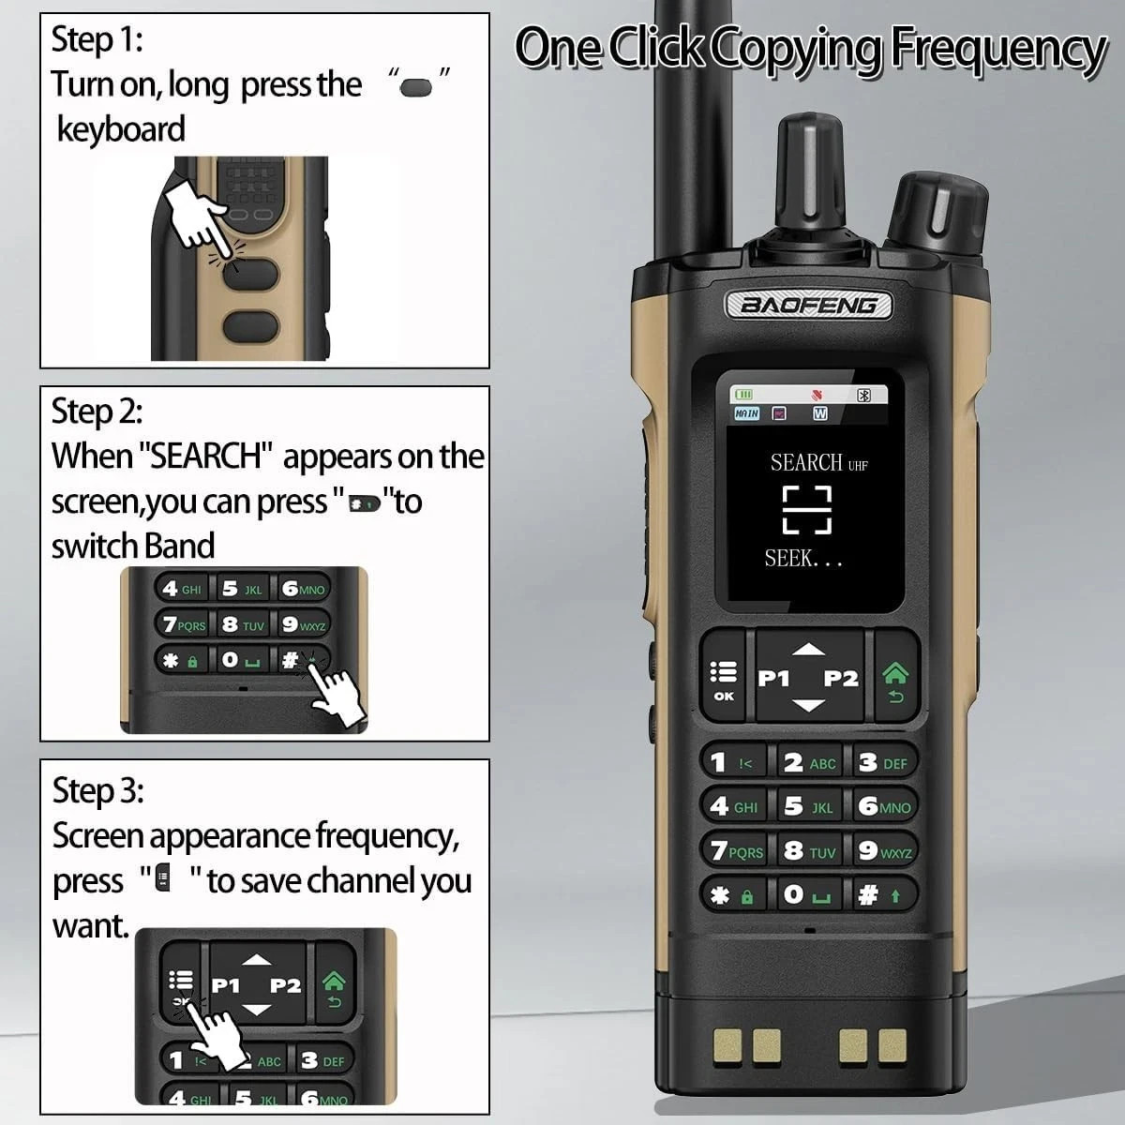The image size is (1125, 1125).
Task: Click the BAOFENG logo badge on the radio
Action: [x=808, y=305]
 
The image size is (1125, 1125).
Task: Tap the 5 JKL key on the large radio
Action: [x=809, y=806]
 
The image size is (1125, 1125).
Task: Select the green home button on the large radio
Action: [x=895, y=675]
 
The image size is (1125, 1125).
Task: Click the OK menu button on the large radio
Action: [x=724, y=677]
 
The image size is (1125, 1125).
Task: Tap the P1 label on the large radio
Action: [x=772, y=678]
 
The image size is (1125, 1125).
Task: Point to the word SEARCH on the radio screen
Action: [x=805, y=462]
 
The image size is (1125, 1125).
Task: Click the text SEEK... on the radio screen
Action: [x=803, y=559]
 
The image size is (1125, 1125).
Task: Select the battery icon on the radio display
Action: [x=743, y=395]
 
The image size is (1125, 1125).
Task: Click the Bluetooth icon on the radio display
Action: [x=863, y=396]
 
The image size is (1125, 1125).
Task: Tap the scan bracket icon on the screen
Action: [x=807, y=510]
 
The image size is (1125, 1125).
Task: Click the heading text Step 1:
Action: [x=97, y=39]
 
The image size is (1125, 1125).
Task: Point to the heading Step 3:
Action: [x=98, y=791]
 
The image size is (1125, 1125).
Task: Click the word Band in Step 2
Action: [x=180, y=546]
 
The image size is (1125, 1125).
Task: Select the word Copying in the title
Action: [x=798, y=49]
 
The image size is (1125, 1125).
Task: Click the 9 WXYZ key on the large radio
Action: [x=884, y=850]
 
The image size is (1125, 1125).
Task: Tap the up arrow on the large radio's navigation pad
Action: [x=808, y=649]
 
